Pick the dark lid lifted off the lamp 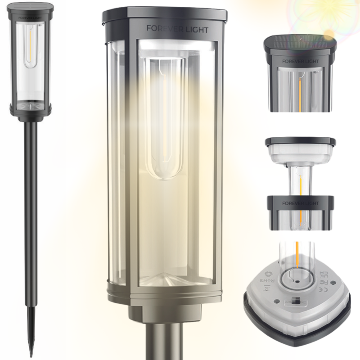coord(301,141)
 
